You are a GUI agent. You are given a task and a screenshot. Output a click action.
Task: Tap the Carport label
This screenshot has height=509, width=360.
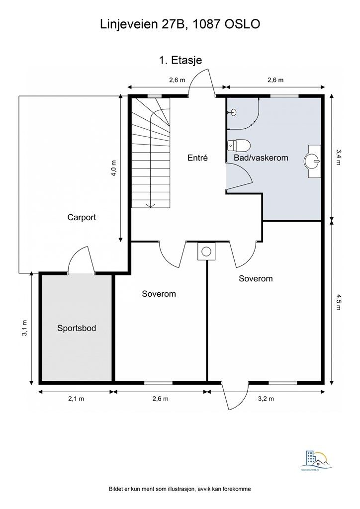pyautogui.click(x=82, y=217)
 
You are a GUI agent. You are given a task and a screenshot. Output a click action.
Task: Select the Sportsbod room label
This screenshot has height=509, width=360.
pyautogui.click(x=76, y=328)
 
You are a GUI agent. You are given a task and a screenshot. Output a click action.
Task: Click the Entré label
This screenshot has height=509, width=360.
pyautogui.click(x=197, y=158)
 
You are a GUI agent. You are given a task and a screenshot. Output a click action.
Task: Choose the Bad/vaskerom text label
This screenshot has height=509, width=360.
pyautogui.click(x=261, y=158)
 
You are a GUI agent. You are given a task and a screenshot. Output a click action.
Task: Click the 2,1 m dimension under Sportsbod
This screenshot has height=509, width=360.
pyautogui.click(x=76, y=399)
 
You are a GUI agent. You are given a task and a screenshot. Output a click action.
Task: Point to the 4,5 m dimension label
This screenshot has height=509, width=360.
pyautogui.click(x=339, y=302)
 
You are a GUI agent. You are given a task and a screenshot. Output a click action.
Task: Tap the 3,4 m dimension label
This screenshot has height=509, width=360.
pyautogui.click(x=339, y=157)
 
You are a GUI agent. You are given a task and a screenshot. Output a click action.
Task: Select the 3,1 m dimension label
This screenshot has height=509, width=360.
pyautogui.click(x=24, y=328)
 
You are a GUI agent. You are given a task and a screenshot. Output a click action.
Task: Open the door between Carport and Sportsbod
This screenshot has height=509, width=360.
pyautogui.click(x=80, y=261)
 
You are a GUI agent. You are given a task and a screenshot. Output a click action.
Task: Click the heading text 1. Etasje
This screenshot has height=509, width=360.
pyautogui.click(x=180, y=60)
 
